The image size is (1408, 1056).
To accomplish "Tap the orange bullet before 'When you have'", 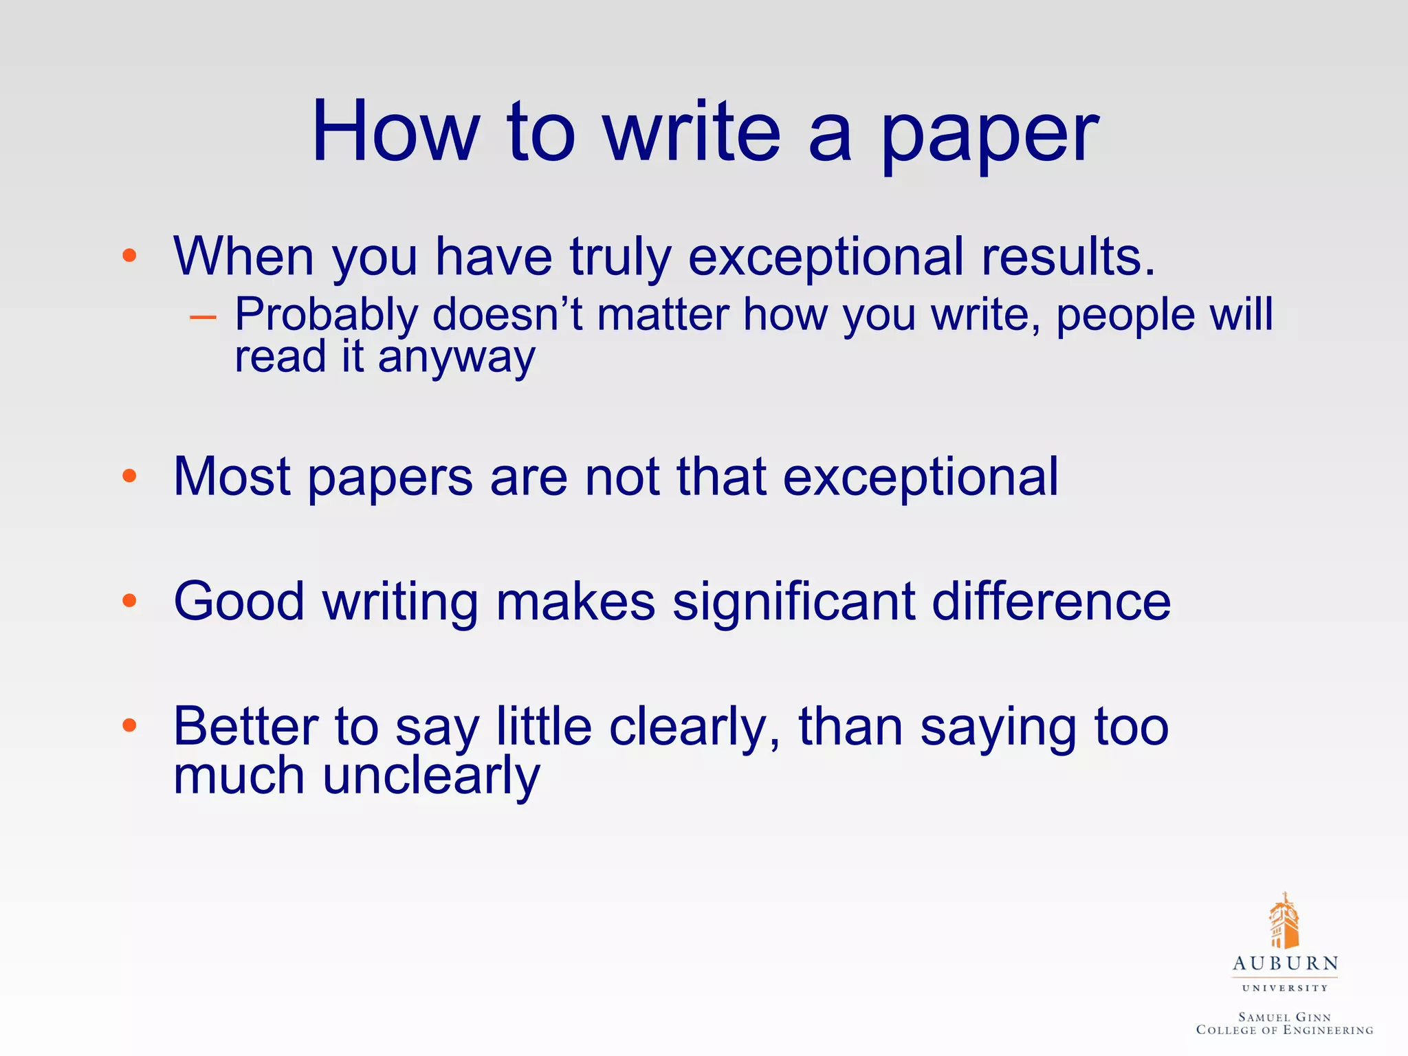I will [129, 256].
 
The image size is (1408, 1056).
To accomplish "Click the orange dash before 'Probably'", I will [203, 317].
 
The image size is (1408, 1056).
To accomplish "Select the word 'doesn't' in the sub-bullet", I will [507, 315].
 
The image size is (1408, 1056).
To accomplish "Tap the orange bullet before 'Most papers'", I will [129, 476].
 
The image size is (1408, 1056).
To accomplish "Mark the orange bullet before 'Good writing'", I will [129, 601].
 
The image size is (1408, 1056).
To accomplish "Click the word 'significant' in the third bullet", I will [793, 601].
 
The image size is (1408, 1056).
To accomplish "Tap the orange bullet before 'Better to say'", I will [129, 726].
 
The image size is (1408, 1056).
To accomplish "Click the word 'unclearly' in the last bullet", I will [431, 777].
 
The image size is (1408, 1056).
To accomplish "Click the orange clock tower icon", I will [1284, 921].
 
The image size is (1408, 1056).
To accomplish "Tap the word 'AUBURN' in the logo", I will [1285, 964].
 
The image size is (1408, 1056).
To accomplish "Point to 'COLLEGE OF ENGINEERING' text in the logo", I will [1284, 1030].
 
